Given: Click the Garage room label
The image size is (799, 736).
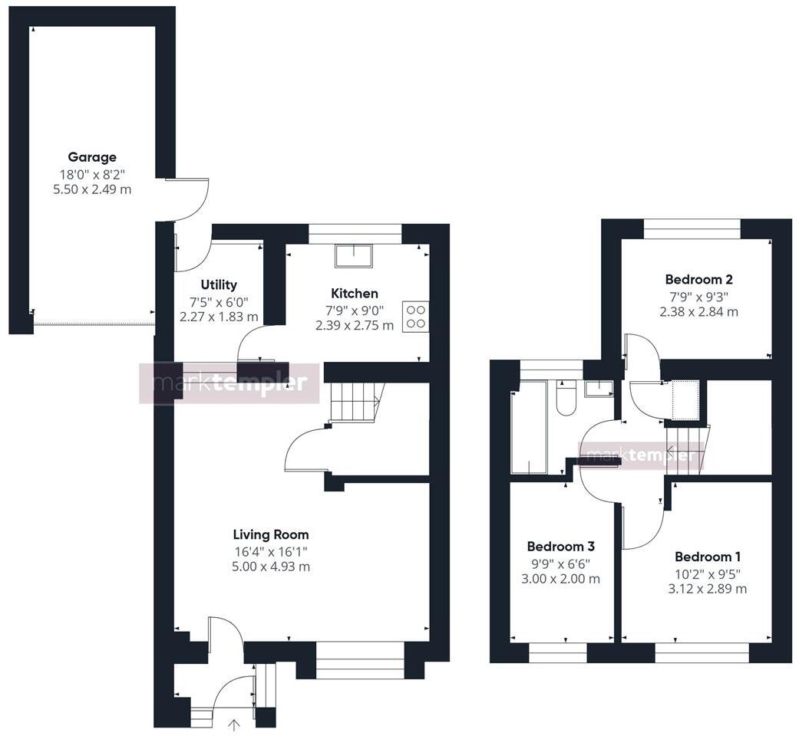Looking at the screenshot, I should coord(92,157).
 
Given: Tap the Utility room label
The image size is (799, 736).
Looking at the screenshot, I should coord(219,284).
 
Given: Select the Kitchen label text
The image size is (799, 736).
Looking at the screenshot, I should coord(355,293).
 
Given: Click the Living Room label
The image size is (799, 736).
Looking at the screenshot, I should coord(271,534).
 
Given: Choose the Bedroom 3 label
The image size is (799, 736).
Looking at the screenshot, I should coord(561,547).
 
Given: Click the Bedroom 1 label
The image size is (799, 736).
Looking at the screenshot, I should coord(707,557).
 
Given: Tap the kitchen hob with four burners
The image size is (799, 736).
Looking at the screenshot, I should coord(415,317).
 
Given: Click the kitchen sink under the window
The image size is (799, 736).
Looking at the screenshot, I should coord(355,256).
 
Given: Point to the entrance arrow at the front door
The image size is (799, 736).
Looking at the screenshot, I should coord(234,723).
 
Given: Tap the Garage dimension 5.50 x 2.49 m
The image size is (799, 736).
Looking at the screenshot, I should coord(92,189).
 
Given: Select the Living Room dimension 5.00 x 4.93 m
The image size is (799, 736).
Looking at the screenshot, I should coord(271,567).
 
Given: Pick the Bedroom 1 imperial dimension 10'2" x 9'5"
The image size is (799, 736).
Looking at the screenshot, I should coord(707,573).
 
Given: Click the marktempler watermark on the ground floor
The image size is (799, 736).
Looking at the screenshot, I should coord(229,383).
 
